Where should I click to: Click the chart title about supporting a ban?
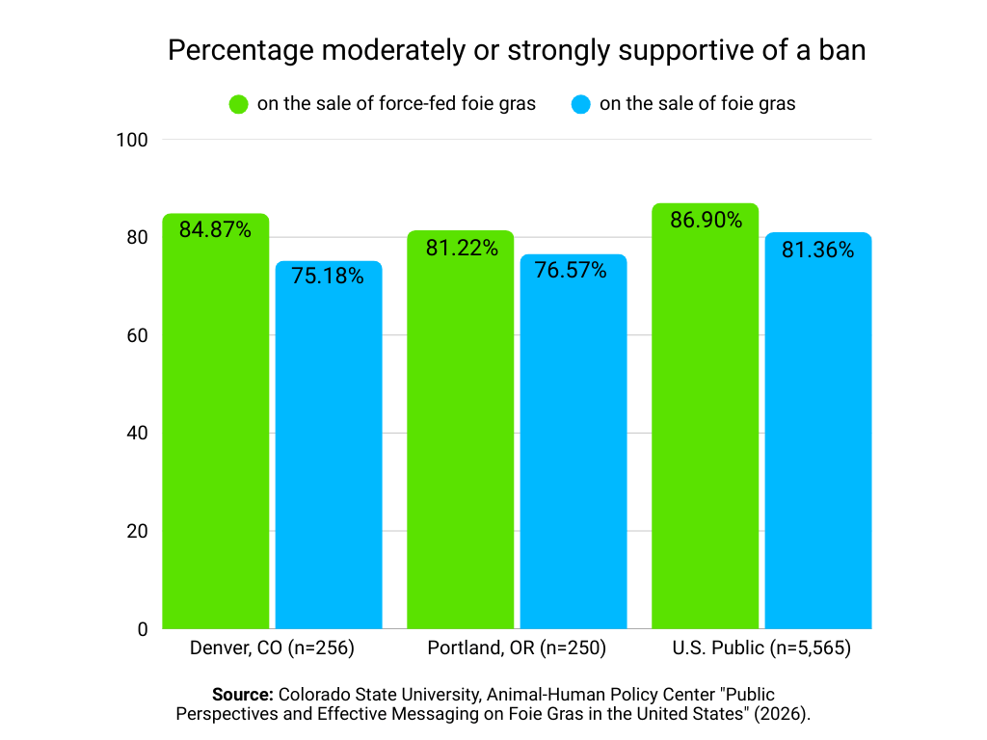(x=517, y=50)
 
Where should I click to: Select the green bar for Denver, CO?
(x=215, y=434)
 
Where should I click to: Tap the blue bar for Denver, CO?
(x=329, y=453)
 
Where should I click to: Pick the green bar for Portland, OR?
(x=460, y=443)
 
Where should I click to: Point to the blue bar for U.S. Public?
(x=818, y=443)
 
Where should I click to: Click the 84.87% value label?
(x=215, y=230)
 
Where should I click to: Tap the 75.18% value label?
(x=329, y=277)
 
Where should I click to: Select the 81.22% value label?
(x=462, y=248)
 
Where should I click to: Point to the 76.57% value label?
(x=571, y=270)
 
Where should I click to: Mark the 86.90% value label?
(x=707, y=221)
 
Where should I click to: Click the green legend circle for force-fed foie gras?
(x=238, y=104)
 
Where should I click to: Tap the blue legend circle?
(x=580, y=104)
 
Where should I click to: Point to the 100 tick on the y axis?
(x=131, y=140)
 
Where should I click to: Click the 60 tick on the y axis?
(x=136, y=335)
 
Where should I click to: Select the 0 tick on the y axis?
(x=142, y=629)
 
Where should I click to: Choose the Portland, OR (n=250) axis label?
(x=517, y=648)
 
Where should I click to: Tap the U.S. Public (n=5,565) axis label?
(x=761, y=648)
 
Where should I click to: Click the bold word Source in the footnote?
(x=244, y=695)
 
